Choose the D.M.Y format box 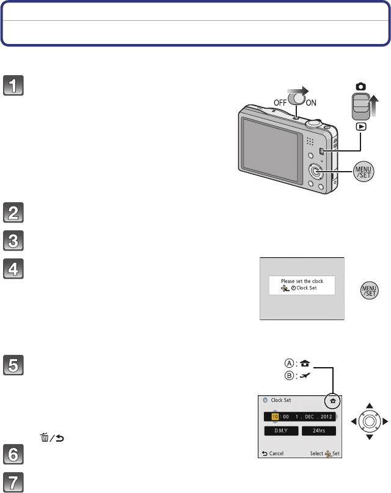point(280,430)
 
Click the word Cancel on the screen point(276,454)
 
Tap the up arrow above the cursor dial point(368,405)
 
